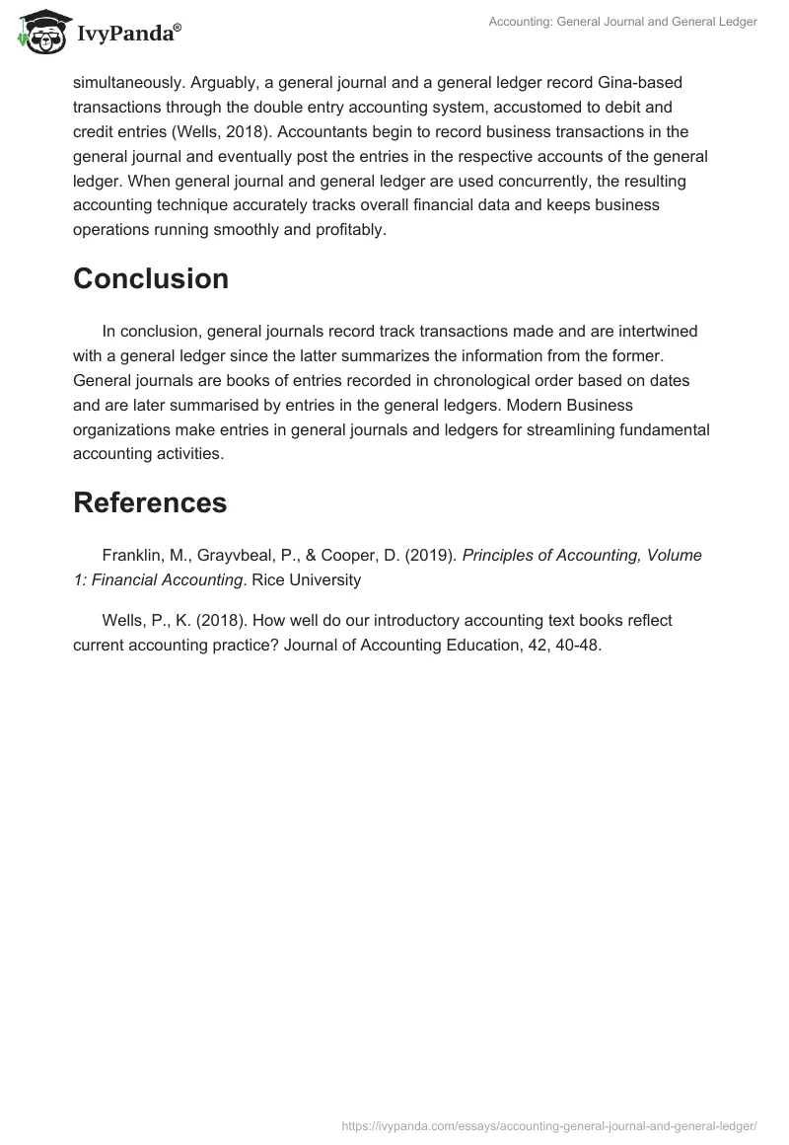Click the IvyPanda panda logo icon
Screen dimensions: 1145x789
[39, 31]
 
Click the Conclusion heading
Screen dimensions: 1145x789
[151, 278]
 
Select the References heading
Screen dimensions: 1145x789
[150, 502]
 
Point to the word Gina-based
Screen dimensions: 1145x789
[626, 81]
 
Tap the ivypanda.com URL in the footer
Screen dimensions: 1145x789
[548, 1124]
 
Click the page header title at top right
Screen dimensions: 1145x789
[623, 23]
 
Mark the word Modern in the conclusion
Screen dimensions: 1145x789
[530, 405]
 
